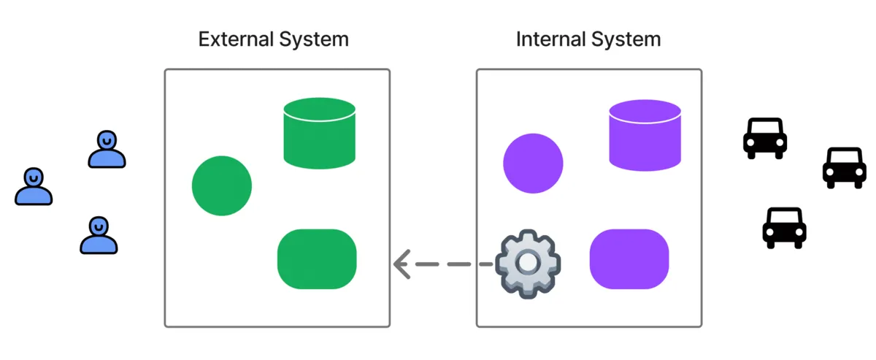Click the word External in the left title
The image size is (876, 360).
coord(235,39)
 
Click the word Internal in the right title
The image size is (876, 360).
coord(551,39)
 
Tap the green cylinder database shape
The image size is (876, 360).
coord(320,134)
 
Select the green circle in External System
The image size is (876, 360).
coord(222,186)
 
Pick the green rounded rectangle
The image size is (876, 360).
coord(317,259)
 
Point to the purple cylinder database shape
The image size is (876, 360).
coord(645,135)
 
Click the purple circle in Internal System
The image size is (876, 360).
coord(533,164)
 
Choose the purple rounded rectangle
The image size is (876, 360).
coord(629,259)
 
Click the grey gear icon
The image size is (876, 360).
coord(528,264)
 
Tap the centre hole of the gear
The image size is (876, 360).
coord(528,263)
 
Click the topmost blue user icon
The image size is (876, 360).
coord(107,149)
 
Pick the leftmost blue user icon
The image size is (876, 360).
coord(34,186)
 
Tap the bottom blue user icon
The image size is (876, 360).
coord(99,235)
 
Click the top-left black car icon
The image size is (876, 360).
coord(765,138)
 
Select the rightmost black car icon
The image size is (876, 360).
coord(845,167)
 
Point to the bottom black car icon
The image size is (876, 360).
coord(784,228)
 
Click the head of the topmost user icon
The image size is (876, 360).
coord(107,139)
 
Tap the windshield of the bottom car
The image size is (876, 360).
coord(784,217)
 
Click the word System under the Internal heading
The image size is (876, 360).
coord(626,39)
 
